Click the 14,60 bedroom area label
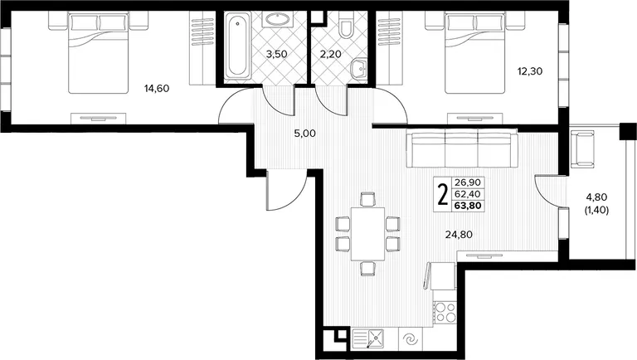(157, 88)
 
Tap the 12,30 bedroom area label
(530, 71)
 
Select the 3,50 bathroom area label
(277, 54)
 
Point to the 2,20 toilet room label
(330, 54)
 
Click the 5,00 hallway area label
(304, 134)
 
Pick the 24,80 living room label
(459, 235)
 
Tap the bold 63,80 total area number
(468, 206)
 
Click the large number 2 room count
(442, 195)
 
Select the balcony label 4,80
(596, 197)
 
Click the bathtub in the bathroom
(237, 46)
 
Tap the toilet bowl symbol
(346, 25)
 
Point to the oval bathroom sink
(278, 19)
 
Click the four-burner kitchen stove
(445, 313)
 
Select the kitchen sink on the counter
(368, 339)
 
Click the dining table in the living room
(367, 234)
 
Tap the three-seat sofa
(462, 148)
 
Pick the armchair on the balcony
(582, 148)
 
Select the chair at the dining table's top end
(367, 199)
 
